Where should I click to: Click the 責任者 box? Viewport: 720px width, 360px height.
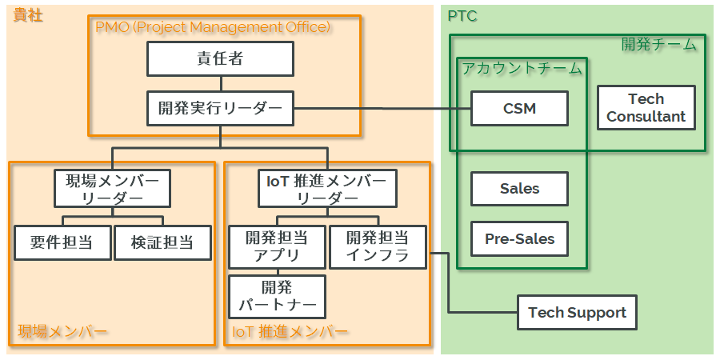click(x=220, y=58)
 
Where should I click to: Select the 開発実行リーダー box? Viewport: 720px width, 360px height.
click(x=220, y=108)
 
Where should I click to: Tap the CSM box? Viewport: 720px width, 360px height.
click(x=519, y=108)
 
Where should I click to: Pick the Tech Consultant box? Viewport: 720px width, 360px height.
click(x=646, y=108)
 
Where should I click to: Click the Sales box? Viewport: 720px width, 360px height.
click(x=519, y=189)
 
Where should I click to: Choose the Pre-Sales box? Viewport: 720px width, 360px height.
click(x=519, y=238)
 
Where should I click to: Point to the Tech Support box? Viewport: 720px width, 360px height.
click(x=577, y=313)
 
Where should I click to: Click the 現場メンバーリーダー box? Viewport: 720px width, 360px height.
click(x=112, y=189)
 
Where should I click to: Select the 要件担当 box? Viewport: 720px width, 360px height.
click(x=62, y=243)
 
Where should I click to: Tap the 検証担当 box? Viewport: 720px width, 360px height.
click(x=162, y=243)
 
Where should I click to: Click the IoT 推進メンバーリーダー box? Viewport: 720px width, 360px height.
click(x=327, y=189)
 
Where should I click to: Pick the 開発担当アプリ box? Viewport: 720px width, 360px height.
click(x=277, y=247)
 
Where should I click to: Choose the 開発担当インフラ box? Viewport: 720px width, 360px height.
click(x=378, y=247)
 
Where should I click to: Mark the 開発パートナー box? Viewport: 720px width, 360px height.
click(x=277, y=296)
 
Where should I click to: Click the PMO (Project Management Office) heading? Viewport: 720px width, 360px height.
click(x=212, y=26)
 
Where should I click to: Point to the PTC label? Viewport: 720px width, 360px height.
click(x=462, y=16)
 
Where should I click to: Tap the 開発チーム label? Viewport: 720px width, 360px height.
click(x=658, y=45)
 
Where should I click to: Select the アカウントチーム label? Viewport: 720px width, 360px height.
click(x=522, y=69)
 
